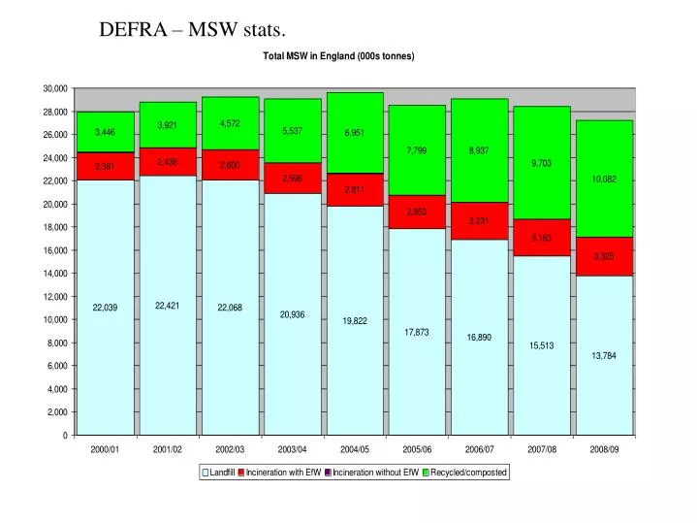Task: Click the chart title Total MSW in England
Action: point(338,56)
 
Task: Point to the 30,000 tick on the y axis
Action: point(55,88)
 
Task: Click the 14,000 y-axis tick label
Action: point(55,274)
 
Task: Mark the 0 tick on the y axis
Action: point(64,436)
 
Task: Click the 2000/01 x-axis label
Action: point(106,450)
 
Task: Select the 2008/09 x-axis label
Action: point(604,450)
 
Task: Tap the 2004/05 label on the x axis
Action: point(355,450)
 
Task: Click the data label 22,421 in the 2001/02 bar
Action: point(168,306)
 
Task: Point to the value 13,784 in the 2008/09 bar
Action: point(604,356)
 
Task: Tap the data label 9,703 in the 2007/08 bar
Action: point(541,163)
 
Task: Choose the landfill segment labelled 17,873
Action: point(417,333)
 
